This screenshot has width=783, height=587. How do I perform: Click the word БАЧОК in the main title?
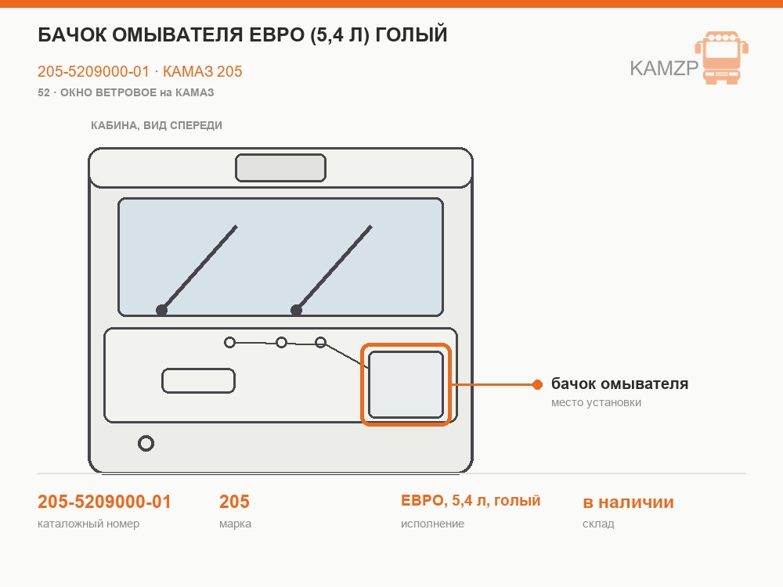coord(71,35)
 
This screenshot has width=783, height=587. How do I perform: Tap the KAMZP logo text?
coord(664,68)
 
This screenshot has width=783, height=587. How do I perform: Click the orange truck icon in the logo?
coord(722,57)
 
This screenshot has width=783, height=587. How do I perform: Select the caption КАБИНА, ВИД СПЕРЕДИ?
coord(157,125)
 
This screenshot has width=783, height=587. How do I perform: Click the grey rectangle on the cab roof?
coord(280,167)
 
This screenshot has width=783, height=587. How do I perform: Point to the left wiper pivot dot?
coord(161,310)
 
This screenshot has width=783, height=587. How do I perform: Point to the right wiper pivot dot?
coord(296,310)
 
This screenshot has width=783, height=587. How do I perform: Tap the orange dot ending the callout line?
coord(537,384)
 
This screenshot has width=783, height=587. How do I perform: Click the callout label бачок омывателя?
coord(619,384)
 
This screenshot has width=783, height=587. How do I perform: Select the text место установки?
coord(596,402)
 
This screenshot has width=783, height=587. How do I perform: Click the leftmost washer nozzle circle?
coord(229,343)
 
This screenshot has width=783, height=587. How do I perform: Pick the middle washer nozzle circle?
coord(282,343)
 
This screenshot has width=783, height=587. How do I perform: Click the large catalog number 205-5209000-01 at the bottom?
coord(104,502)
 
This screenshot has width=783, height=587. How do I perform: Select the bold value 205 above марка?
coord(234,502)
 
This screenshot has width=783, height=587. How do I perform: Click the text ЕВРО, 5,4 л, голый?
coord(471,501)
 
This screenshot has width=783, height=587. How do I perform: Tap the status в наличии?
coord(628,502)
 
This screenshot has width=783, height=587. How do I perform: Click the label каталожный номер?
coord(88,524)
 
